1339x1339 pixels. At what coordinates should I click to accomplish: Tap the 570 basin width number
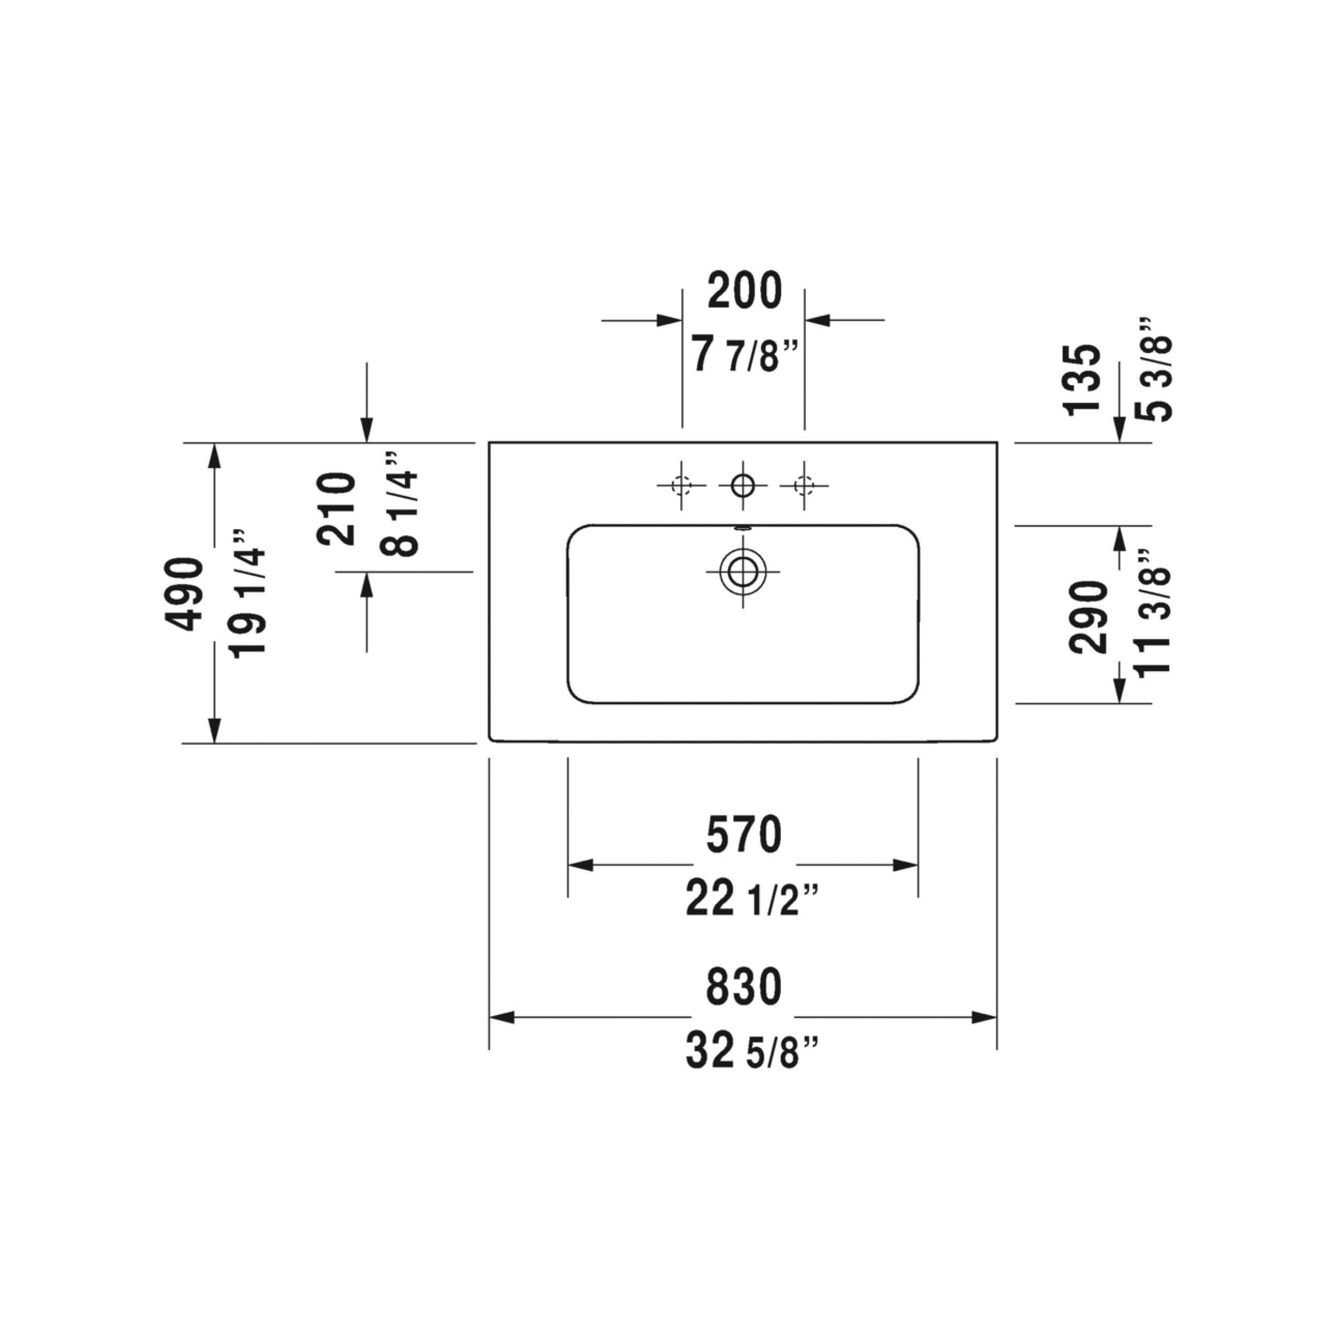[x=743, y=834]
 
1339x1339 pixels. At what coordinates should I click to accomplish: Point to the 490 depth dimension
[x=184, y=593]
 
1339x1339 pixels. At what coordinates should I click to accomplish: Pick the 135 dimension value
[x=1081, y=380]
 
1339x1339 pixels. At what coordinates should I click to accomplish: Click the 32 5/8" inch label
[x=753, y=1051]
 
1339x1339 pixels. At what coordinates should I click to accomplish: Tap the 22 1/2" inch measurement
[x=753, y=899]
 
